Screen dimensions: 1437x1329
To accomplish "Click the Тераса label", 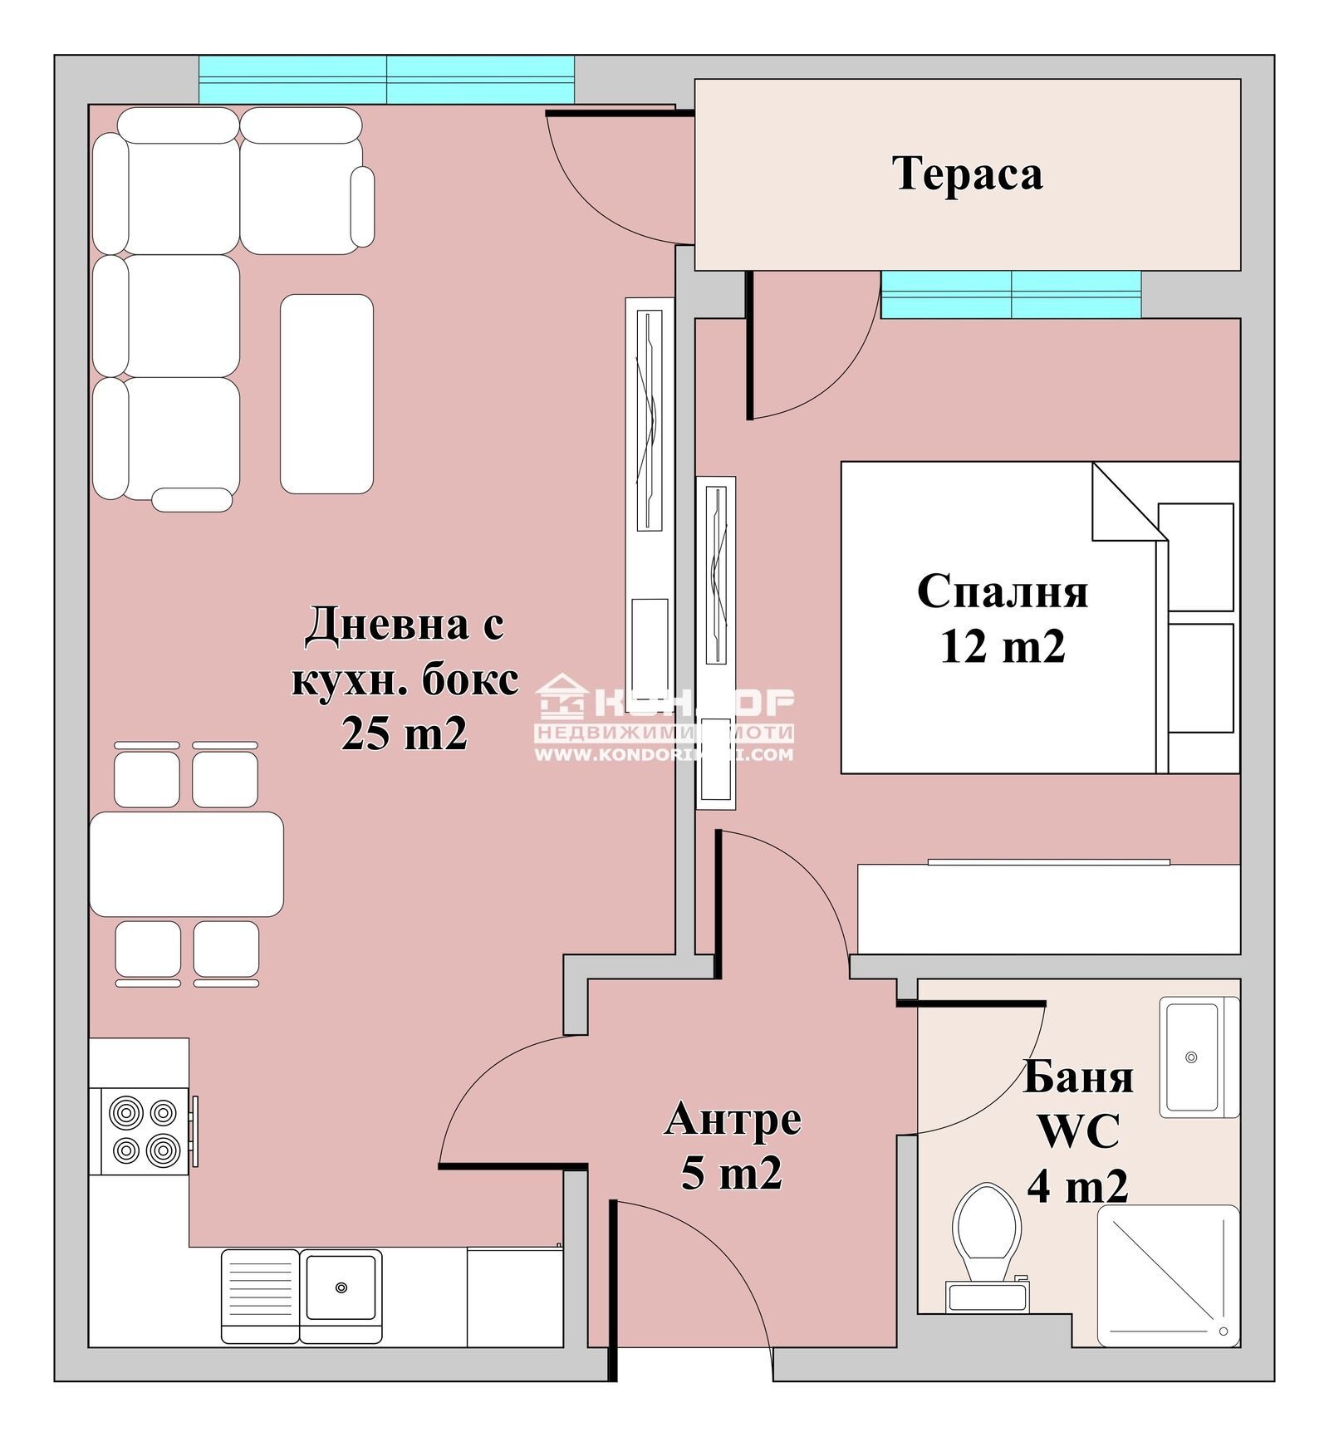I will coord(967,174).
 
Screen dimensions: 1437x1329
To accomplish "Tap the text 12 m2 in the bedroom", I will coord(1002,645).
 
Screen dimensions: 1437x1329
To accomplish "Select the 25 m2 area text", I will coord(405,733).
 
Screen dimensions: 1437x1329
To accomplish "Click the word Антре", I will coord(733,1119).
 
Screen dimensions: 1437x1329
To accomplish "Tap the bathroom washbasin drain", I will coord(1191,1057).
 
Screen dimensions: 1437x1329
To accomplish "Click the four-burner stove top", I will coord(145,1130).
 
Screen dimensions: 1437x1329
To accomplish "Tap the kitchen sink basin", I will coord(341,1287).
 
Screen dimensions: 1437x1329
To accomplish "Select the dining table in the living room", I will coord(186,864).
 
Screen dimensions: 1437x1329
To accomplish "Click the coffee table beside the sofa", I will coord(326,394).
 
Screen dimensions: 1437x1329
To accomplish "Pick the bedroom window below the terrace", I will coord(1010,295).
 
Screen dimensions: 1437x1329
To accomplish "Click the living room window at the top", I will coord(386,80).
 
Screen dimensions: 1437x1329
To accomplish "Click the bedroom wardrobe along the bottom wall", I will coord(1048,909).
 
